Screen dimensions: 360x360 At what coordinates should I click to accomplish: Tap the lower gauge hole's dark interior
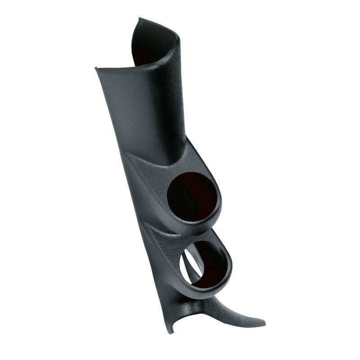pos(209,265)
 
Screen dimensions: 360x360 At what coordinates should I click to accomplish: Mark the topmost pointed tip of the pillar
pos(139,18)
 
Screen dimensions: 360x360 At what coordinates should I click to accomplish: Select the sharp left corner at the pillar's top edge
pos(95,68)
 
